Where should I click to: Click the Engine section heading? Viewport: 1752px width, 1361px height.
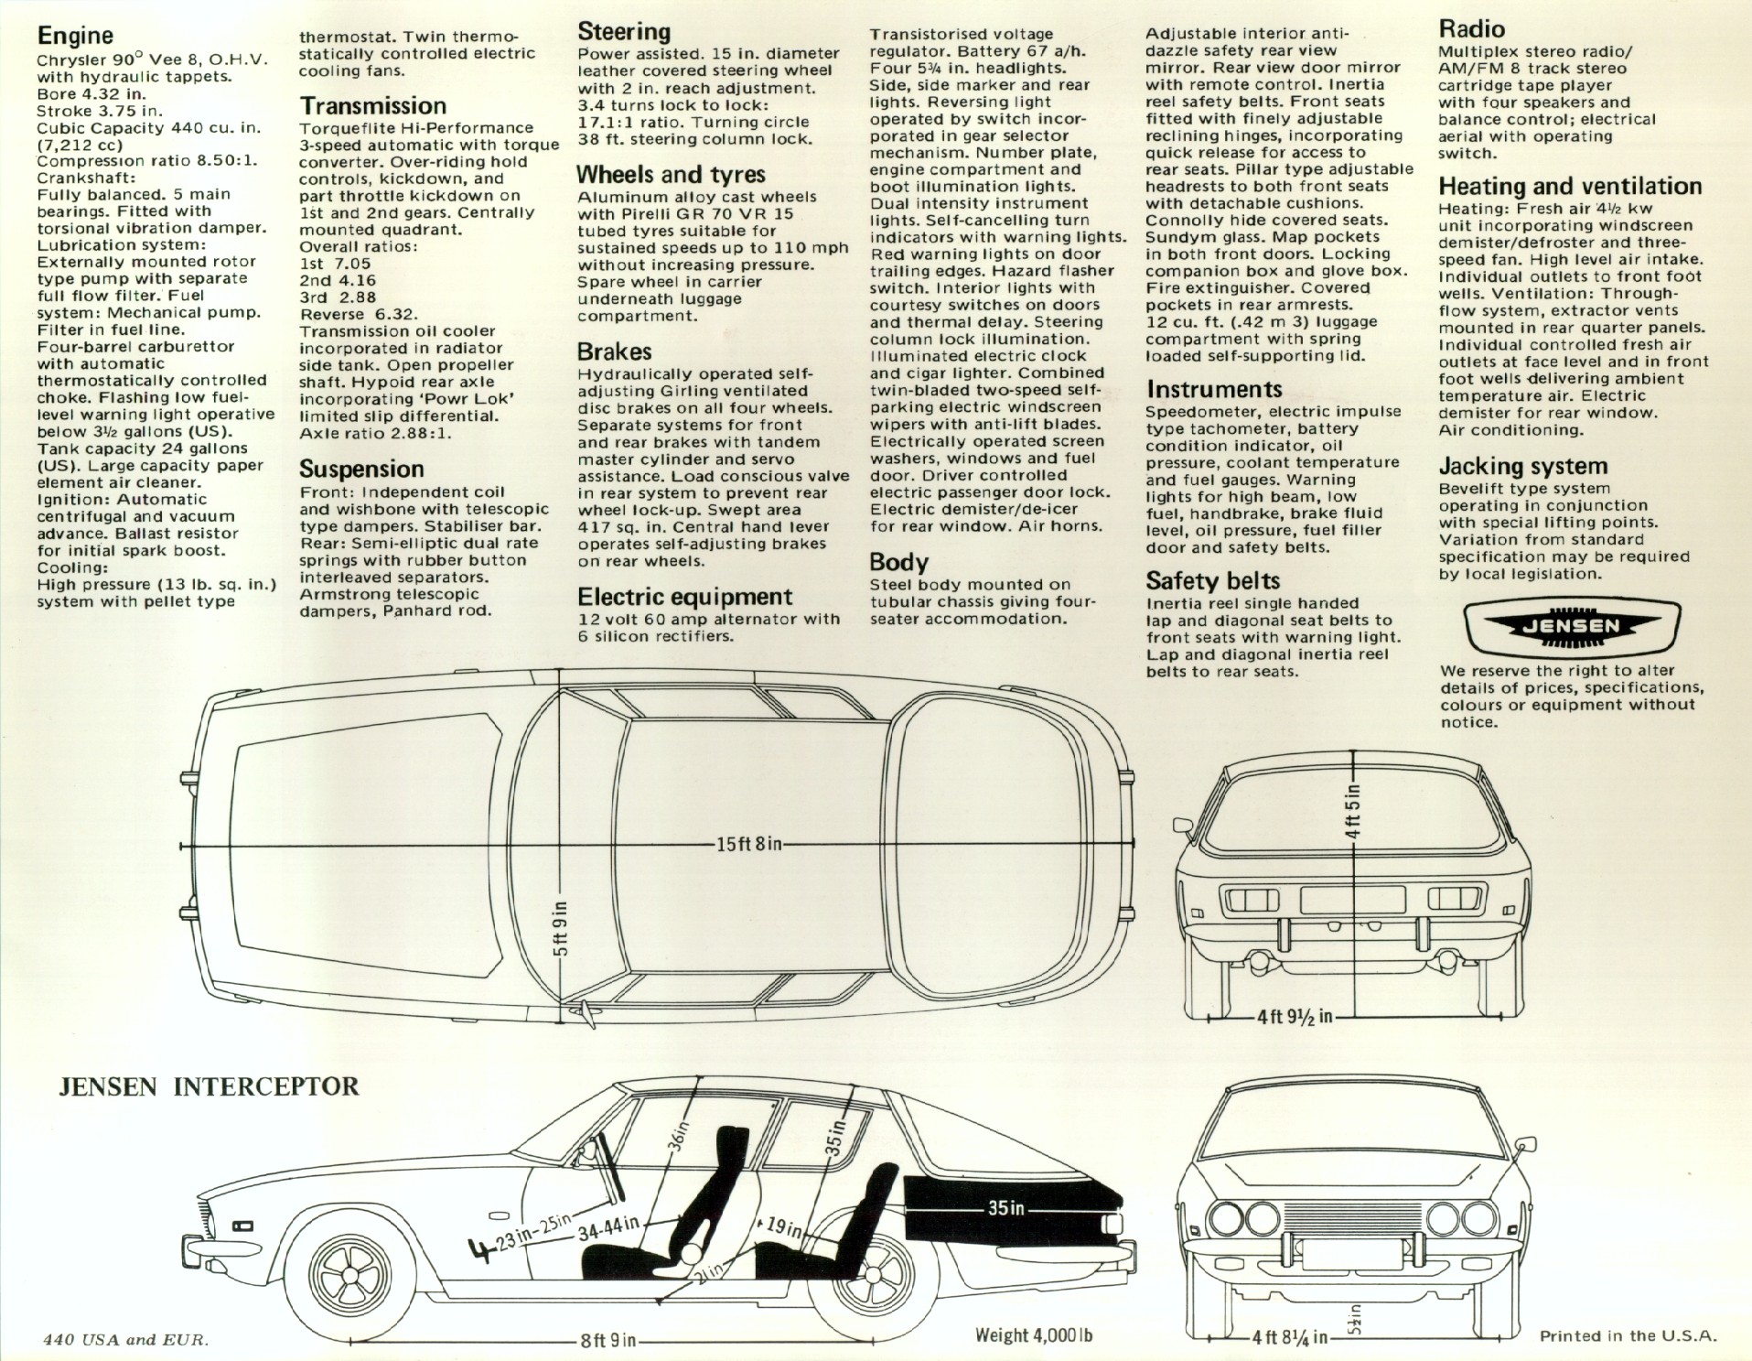pos(75,36)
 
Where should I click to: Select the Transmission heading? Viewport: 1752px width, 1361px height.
pos(372,106)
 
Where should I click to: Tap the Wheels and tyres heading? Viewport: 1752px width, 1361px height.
pos(671,175)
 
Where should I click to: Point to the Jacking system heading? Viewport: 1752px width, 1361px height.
pos(1522,467)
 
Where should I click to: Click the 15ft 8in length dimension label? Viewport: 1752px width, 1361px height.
pos(749,843)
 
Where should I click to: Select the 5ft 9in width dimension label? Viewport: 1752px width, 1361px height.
pos(560,928)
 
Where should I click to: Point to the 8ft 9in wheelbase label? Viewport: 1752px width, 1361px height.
pos(607,1341)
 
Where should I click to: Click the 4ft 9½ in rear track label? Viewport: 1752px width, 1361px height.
pos(1294,1017)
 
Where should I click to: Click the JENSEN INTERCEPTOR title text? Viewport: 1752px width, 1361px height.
pos(209,1086)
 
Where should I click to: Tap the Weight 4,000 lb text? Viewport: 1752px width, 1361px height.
pos(1034,1335)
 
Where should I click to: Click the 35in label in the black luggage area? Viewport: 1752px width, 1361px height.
pos(1005,1208)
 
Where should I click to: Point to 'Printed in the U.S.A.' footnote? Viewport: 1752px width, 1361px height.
pos(1628,1335)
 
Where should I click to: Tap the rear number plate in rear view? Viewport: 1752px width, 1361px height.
pos(1352,900)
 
